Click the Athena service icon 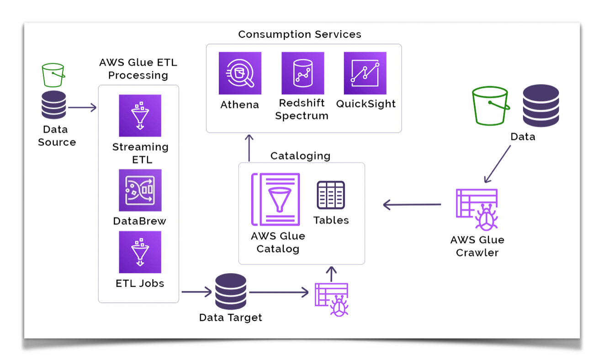[x=240, y=73]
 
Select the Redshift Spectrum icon [x=302, y=73]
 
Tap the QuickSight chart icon [x=365, y=73]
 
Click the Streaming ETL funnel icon [x=140, y=116]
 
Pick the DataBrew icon [x=140, y=190]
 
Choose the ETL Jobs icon [x=140, y=252]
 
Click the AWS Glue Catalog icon [x=276, y=199]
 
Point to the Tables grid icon [x=331, y=195]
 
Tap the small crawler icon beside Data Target [x=332, y=299]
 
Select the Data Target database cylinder [x=231, y=291]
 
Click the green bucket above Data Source [x=53, y=75]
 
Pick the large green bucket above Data [x=490, y=106]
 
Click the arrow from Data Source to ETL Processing [x=82, y=108]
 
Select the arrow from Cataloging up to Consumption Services [x=249, y=148]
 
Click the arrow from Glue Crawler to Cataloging [x=412, y=205]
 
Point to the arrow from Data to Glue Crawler [x=498, y=164]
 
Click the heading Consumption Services [x=300, y=34]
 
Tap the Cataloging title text [x=300, y=156]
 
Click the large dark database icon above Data [x=541, y=106]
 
